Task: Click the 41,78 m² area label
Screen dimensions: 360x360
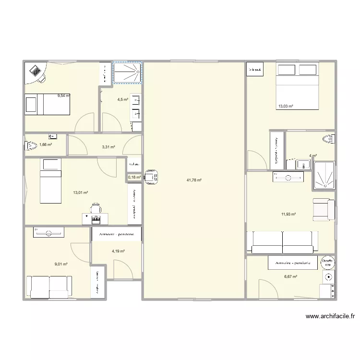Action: tap(194, 180)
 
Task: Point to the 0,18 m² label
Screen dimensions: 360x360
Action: tap(134, 177)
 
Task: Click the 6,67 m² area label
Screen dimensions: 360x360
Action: tap(290, 276)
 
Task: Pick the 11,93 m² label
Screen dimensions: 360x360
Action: tap(288, 215)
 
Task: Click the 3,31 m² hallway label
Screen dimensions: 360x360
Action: tap(109, 147)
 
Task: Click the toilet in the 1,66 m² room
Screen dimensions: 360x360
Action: tap(31, 144)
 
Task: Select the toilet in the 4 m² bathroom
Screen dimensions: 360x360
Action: tap(329, 139)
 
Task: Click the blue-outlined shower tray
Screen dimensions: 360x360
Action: tap(127, 72)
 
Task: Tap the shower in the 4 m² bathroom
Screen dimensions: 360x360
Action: tap(324, 176)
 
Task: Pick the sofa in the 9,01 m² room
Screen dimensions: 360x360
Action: tap(49, 287)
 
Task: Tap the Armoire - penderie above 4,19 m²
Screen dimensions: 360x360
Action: tap(117, 234)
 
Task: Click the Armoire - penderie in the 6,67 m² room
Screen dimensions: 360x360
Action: tap(293, 264)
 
